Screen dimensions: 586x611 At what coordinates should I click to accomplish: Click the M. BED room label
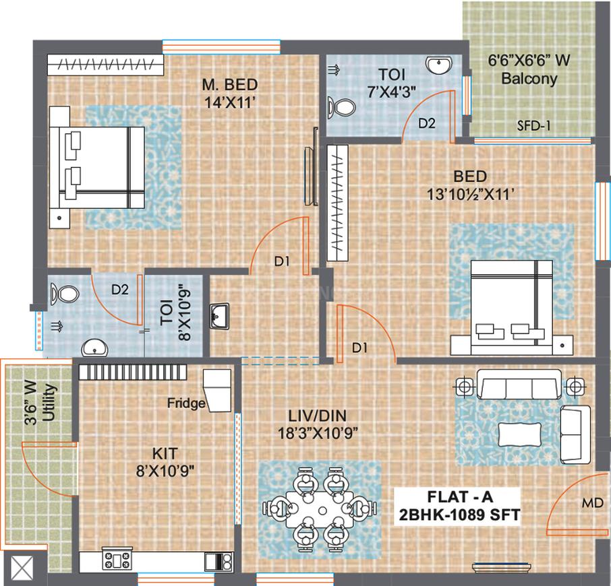(x=231, y=85)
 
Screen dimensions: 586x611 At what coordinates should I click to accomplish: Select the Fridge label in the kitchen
(x=187, y=403)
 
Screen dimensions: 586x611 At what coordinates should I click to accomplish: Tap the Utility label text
(x=49, y=403)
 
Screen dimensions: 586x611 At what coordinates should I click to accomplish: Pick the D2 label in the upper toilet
(x=427, y=123)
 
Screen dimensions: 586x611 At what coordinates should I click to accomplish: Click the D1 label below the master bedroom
(x=281, y=262)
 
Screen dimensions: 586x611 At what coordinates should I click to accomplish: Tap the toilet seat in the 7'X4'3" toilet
(x=341, y=107)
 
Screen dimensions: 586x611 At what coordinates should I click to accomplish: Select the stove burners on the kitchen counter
(x=116, y=559)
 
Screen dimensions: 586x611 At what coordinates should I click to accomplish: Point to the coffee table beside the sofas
(x=521, y=432)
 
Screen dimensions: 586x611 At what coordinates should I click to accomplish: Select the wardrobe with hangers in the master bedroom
(x=106, y=65)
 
